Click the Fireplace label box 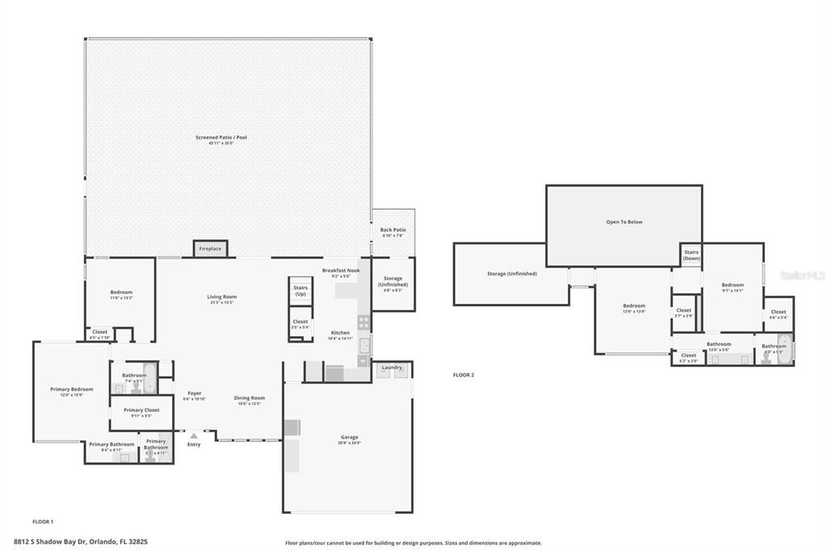[210, 249]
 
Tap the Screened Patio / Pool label [221, 138]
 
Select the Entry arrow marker [194, 436]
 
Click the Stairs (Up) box [300, 291]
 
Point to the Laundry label [392, 368]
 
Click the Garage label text [349, 437]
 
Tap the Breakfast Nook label [340, 271]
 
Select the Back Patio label [393, 230]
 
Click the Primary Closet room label [141, 410]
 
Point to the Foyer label [195, 393]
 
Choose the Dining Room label [250, 397]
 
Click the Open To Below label [624, 221]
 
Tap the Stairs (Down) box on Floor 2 [691, 254]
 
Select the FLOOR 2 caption [464, 375]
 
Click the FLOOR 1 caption [43, 522]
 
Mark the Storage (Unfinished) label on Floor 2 [512, 273]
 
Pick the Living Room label [221, 297]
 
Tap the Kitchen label [340, 333]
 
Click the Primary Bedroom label [72, 389]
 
